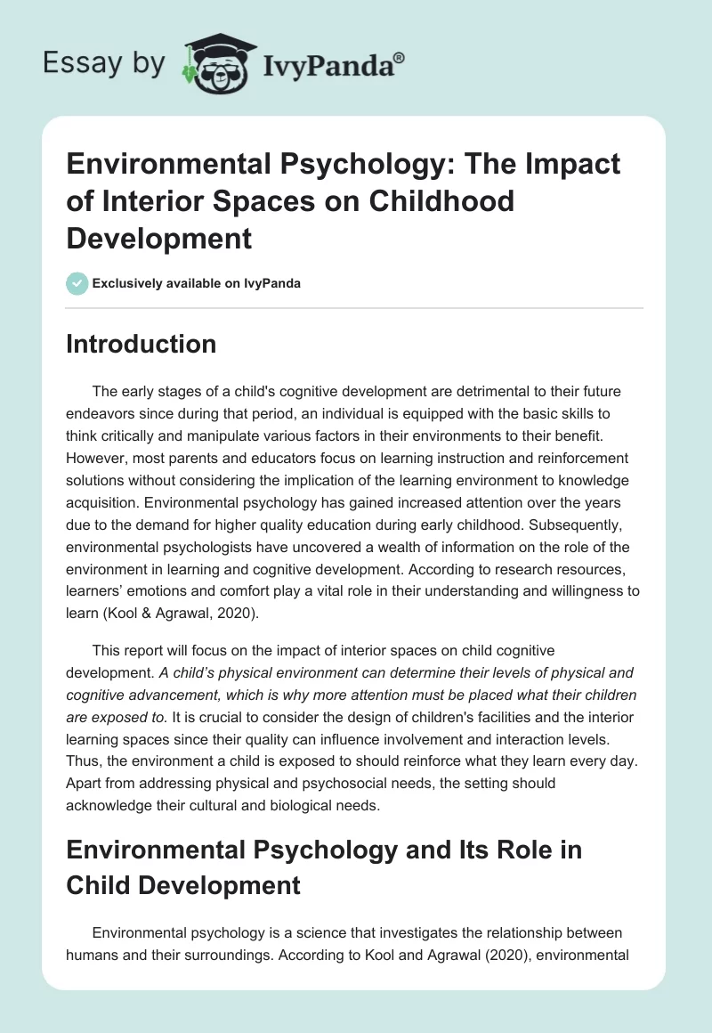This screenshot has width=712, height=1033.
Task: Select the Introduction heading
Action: coord(141,344)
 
